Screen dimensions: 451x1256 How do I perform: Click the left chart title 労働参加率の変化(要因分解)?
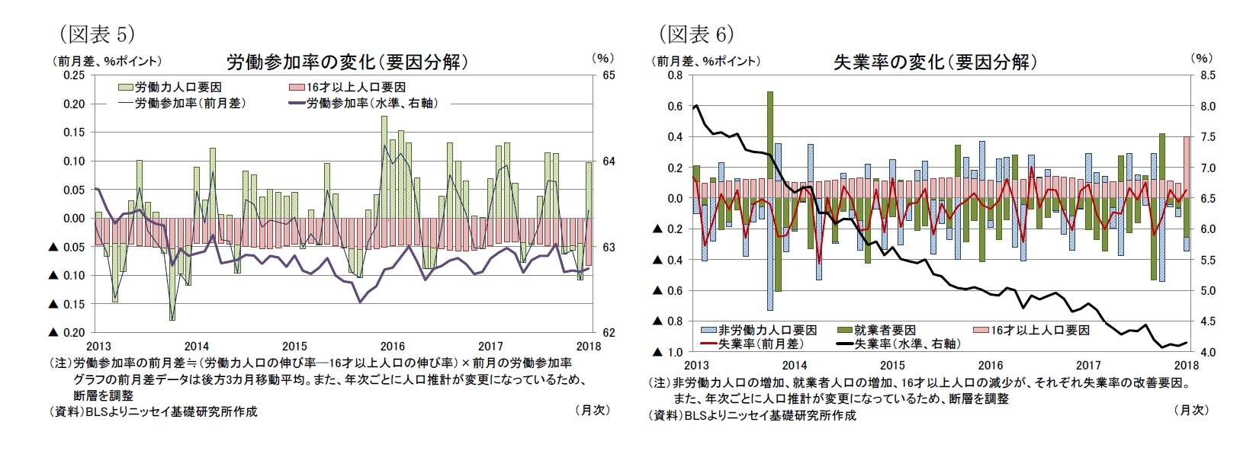tap(347, 62)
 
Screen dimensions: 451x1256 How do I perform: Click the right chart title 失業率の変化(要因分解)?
tap(936, 62)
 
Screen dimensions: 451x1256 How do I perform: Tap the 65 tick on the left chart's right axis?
tap(609, 75)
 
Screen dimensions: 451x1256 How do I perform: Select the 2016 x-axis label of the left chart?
tap(393, 346)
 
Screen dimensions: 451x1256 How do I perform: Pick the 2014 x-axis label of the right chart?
tap(794, 366)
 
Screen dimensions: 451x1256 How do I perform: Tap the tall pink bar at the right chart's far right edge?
tap(1186, 168)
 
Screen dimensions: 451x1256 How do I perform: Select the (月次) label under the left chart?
tap(592, 410)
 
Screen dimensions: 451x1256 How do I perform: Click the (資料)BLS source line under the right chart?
tap(751, 415)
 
